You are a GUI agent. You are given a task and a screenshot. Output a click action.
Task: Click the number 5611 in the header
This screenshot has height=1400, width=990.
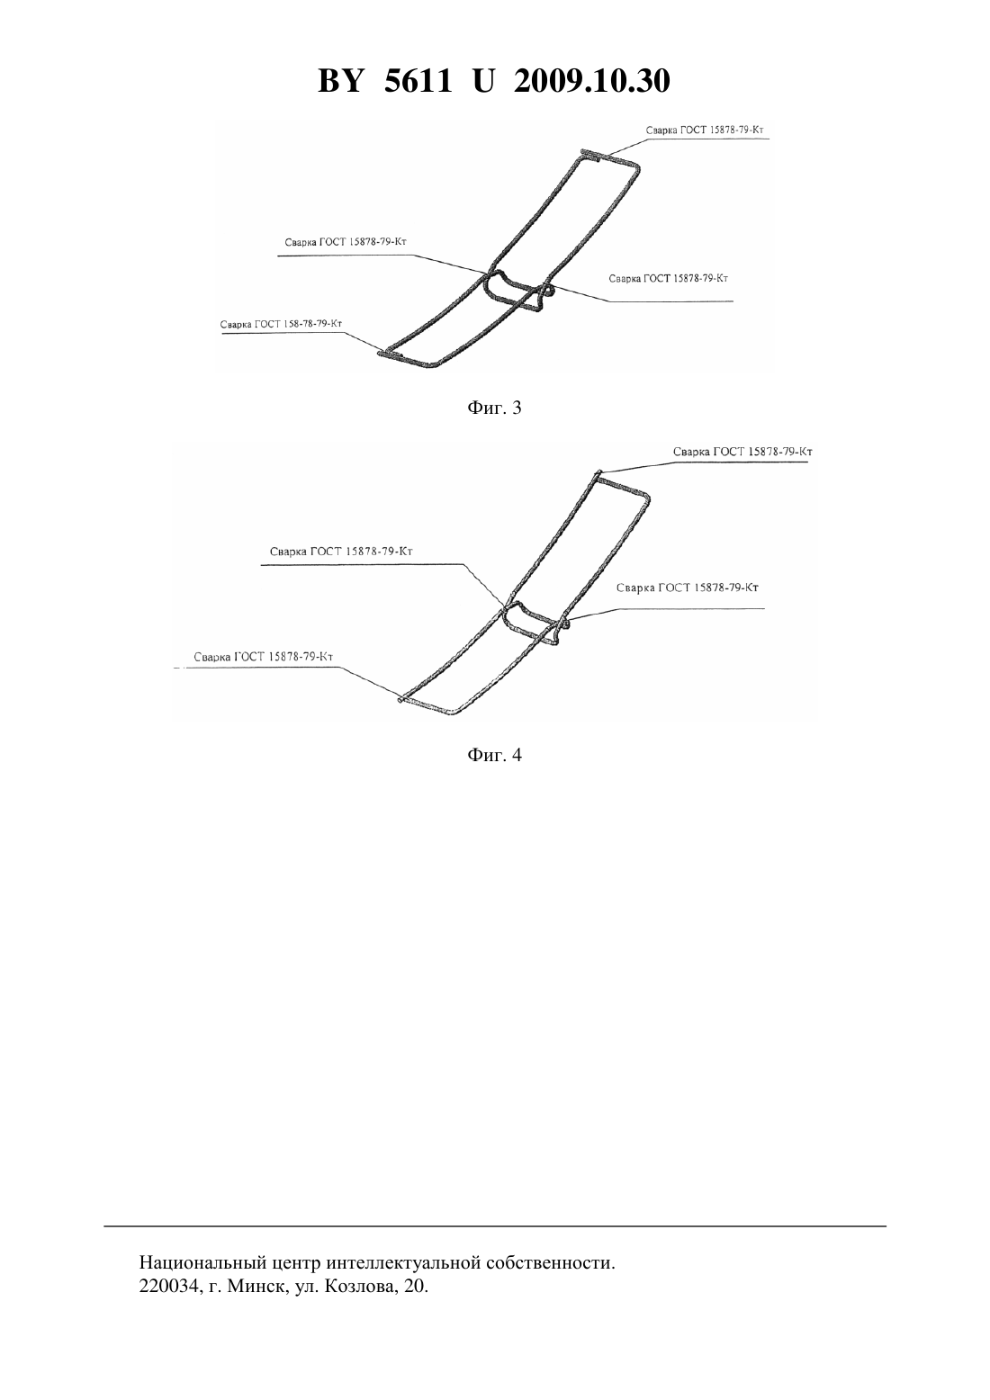pos(417,81)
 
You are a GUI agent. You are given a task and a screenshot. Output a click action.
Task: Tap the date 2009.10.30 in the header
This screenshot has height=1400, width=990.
pos(592,81)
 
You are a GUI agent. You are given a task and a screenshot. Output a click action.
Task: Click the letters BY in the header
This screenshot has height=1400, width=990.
pos(340,81)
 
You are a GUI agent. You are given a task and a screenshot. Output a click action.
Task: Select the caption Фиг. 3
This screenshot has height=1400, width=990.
pos(494,408)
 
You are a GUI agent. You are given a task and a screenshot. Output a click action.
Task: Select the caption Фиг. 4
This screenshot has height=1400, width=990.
pos(494,755)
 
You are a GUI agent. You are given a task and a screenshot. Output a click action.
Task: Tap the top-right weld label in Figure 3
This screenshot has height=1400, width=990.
pos(705,130)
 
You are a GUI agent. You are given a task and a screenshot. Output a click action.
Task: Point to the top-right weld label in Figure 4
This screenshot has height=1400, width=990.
pos(742,452)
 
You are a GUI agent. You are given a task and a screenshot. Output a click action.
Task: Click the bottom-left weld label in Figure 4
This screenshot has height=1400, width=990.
pos(263,657)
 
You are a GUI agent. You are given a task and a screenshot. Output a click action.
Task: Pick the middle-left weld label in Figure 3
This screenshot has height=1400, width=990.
pos(346,242)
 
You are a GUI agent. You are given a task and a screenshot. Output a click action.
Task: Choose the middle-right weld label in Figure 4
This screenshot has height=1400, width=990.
pos(688,588)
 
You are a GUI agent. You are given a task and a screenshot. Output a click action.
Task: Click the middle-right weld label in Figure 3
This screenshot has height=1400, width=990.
pos(669,278)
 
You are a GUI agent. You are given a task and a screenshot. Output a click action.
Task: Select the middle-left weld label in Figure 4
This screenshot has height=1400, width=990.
pos(341,552)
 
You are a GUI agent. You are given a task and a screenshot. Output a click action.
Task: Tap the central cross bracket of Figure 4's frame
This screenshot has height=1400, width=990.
pos(535,621)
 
